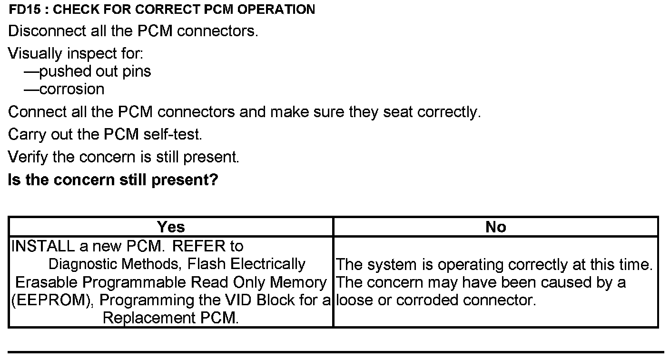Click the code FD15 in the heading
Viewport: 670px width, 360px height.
[22, 9]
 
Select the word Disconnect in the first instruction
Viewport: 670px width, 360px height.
[46, 31]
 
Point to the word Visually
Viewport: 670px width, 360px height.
[35, 53]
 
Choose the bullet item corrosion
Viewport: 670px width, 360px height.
[72, 89]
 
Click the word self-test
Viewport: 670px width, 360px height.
[173, 135]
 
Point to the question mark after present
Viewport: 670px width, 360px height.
[214, 180]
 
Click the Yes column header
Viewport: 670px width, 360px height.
[171, 227]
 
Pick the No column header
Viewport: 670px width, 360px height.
[496, 227]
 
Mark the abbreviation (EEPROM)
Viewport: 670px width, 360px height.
[51, 300]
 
